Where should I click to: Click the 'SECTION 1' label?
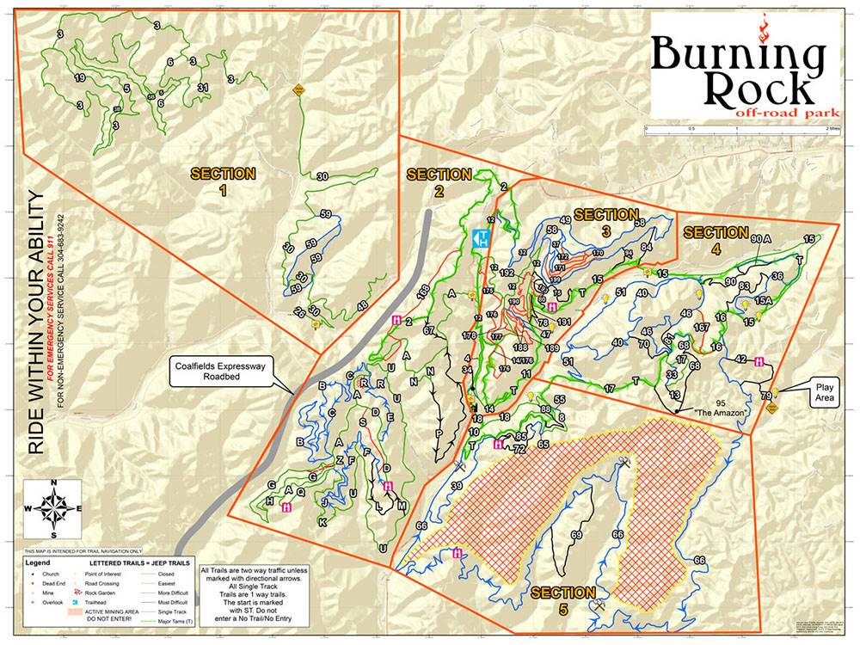point(223,181)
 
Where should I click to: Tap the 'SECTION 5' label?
point(562,600)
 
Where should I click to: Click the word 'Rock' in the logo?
point(758,87)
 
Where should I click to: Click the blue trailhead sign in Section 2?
point(482,236)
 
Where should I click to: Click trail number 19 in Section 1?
point(79,78)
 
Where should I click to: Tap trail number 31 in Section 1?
point(203,88)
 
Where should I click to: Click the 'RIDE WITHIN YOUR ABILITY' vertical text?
point(36,323)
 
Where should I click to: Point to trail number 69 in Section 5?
point(576,535)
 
